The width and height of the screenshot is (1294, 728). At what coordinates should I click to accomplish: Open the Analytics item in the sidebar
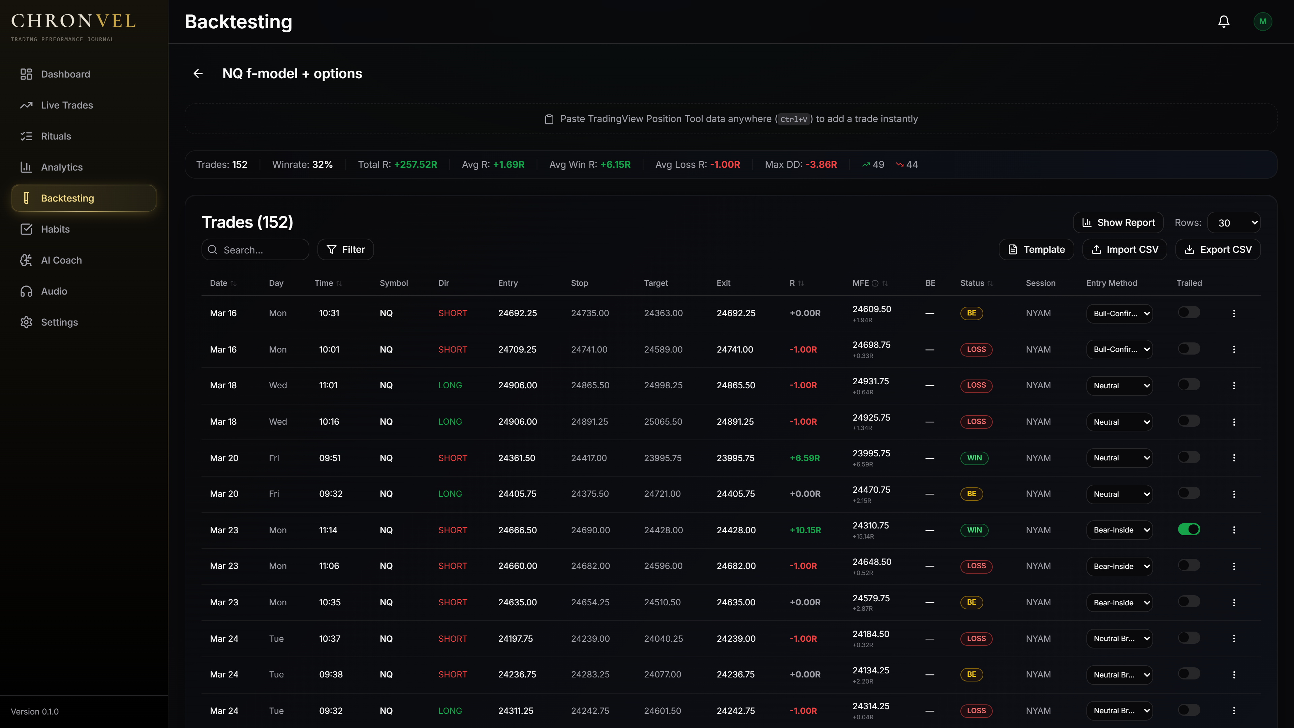pos(61,167)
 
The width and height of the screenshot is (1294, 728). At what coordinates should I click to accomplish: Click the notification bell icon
pos(1224,22)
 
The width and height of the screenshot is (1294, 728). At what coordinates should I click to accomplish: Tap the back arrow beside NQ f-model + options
pos(198,74)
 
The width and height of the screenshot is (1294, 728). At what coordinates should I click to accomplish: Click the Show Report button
pos(1118,222)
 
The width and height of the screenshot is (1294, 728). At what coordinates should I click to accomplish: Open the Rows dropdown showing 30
pos(1234,222)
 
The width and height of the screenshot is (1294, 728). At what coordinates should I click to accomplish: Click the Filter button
pos(346,250)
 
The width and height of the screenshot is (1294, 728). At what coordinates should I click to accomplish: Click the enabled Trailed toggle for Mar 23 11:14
pos(1189,529)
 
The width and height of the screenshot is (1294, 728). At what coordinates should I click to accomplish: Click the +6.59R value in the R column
pos(805,458)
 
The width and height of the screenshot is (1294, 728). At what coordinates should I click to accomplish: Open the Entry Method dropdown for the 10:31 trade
pos(1119,313)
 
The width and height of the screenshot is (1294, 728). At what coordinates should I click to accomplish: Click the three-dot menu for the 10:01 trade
pos(1234,349)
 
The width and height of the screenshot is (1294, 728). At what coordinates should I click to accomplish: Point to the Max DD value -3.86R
pos(821,165)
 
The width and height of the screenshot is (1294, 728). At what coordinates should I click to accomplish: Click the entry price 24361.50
pos(516,458)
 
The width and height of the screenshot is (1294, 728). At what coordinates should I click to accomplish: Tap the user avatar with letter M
pos(1262,22)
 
